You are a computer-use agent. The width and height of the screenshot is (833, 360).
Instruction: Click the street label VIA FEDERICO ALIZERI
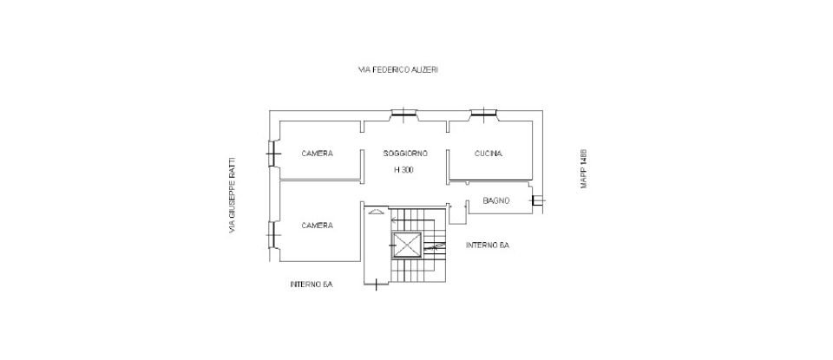point(398,69)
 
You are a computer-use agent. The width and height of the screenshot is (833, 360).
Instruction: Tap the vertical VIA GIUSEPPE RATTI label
point(232,195)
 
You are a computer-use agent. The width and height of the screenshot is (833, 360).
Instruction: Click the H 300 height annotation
point(403,170)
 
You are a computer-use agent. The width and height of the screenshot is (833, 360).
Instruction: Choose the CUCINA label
point(489,154)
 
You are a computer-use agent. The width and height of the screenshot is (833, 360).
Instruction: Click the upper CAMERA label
point(317,154)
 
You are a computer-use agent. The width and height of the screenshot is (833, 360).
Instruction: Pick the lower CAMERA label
point(317,226)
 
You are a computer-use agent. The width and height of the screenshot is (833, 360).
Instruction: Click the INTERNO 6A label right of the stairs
point(487,245)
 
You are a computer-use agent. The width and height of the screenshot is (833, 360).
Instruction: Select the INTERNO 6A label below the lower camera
point(312,285)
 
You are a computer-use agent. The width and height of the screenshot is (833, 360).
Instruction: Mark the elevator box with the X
point(406,245)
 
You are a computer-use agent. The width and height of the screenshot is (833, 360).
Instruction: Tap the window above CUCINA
point(482,113)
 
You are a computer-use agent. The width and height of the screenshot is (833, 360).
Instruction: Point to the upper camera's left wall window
point(273,154)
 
